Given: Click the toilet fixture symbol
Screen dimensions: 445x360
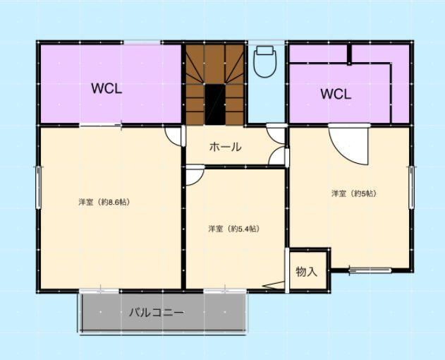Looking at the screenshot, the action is [265, 61].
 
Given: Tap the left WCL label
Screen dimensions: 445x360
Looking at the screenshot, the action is [106, 89].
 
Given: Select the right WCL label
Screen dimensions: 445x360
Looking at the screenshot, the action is [336, 94].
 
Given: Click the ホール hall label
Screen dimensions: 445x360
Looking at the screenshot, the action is [226, 147].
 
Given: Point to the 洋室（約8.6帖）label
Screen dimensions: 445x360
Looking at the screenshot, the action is [104, 202].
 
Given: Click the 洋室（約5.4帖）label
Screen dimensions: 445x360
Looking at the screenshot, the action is [234, 229].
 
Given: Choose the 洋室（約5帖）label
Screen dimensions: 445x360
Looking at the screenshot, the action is [355, 193].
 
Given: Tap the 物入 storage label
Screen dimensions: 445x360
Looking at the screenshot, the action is [306, 272].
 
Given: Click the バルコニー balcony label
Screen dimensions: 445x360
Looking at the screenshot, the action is [157, 313].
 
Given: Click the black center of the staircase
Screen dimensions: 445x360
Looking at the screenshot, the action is [215, 104].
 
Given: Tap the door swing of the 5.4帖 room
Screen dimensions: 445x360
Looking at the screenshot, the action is [195, 176].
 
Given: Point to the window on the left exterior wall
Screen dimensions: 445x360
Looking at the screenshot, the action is [38, 188].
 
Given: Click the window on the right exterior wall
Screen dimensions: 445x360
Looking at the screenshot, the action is [411, 188].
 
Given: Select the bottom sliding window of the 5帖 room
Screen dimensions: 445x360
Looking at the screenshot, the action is [370, 270].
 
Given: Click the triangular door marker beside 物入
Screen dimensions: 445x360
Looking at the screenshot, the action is [274, 285].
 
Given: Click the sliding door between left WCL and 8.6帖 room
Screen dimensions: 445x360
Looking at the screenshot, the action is [100, 125].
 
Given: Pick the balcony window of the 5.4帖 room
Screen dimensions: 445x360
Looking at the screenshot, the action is [225, 291].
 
